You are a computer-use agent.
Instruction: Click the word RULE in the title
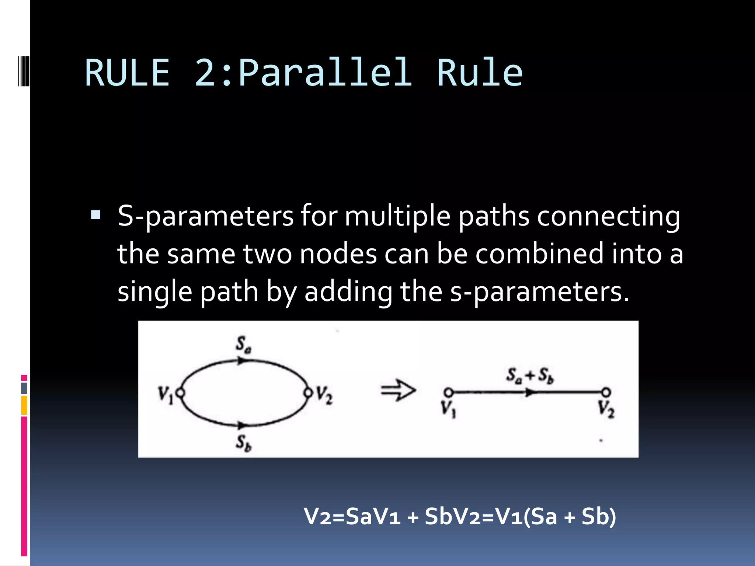click(x=127, y=73)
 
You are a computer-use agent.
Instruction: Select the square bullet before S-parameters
click(x=95, y=214)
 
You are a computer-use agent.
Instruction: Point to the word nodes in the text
click(x=338, y=254)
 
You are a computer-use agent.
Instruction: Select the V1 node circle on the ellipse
click(x=180, y=393)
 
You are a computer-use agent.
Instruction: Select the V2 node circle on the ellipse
click(x=308, y=393)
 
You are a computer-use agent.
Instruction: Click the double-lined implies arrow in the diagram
click(x=398, y=390)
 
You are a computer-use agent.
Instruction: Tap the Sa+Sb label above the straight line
click(x=529, y=375)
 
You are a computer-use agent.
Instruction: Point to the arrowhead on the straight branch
click(x=530, y=393)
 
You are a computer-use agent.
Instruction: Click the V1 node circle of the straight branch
click(x=448, y=392)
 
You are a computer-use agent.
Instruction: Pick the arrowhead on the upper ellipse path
click(x=241, y=361)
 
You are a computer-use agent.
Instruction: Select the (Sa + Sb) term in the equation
click(x=570, y=516)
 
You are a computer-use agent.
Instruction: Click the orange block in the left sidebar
click(x=24, y=405)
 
